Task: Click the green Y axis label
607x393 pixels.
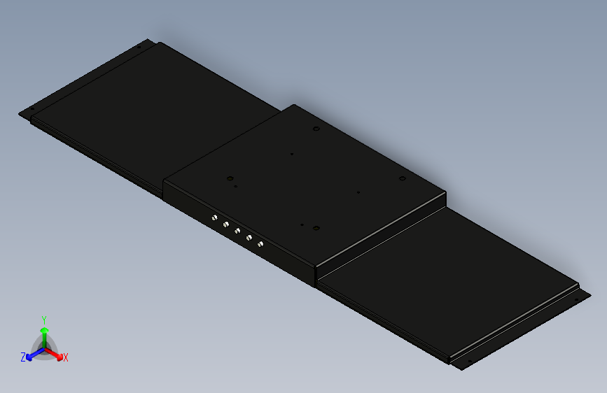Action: point(44,318)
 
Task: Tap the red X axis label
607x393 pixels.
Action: point(66,358)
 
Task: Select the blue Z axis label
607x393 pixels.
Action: point(23,357)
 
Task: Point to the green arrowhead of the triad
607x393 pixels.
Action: point(44,330)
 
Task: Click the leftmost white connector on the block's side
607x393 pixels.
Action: point(214,218)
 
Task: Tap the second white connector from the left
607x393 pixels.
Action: point(226,224)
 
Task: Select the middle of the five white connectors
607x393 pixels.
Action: point(237,231)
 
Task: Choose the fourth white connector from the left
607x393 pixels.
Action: point(249,238)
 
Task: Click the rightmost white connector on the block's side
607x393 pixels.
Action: point(260,244)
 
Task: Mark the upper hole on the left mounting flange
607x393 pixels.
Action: point(139,47)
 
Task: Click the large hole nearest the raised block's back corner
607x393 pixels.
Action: point(316,129)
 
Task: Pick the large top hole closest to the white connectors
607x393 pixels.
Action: point(229,178)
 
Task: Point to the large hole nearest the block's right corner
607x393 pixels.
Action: point(403,179)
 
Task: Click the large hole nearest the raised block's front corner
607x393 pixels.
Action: point(316,228)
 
